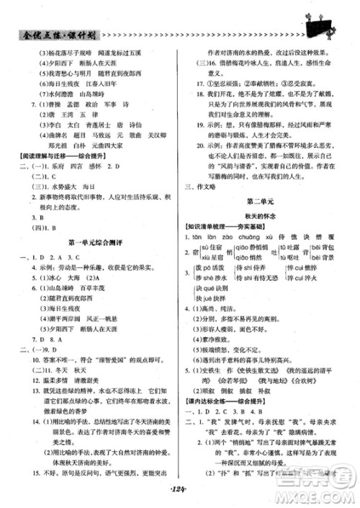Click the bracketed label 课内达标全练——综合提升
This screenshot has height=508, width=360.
click(x=224, y=401)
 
